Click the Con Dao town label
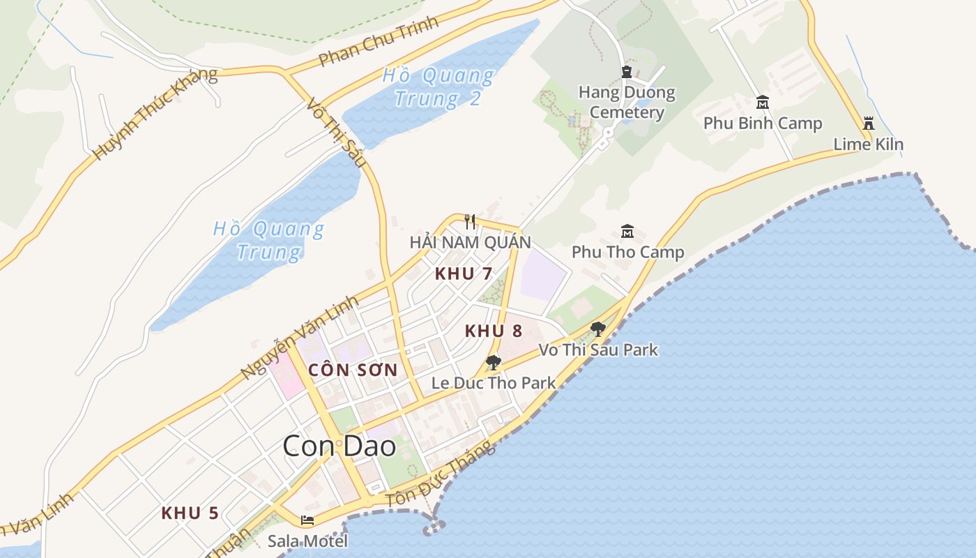coord(339,446)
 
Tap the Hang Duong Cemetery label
coord(627,102)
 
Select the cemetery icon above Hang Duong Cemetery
coord(626,72)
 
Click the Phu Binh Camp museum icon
coord(763,103)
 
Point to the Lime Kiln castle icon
coord(868,123)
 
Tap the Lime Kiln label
coord(868,144)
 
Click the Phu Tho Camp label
coord(627,252)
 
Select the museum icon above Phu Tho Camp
coord(627,231)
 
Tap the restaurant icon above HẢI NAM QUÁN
coord(470,222)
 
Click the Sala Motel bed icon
coord(307,520)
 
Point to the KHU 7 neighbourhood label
coord(463,273)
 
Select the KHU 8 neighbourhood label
coord(494,331)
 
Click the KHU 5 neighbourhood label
coord(190,513)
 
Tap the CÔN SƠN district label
coord(353,370)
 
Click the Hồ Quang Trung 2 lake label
coord(438,86)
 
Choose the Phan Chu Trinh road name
coord(379,41)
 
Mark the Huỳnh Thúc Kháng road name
coord(155,114)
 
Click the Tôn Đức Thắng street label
coord(441,474)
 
